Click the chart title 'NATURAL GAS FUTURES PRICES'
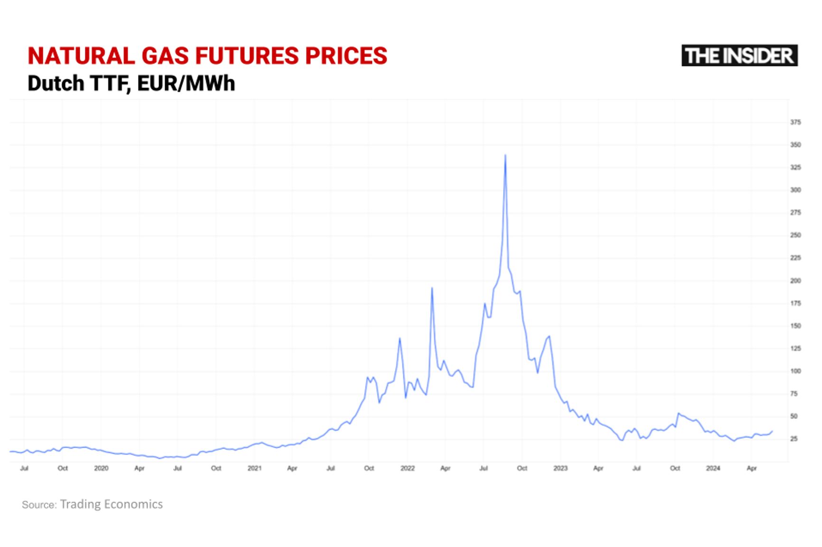click(207, 56)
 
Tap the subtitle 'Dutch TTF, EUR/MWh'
click(131, 84)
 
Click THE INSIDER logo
click(739, 56)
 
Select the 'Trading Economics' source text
click(111, 504)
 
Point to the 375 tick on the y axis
click(795, 123)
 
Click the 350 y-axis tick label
click(795, 145)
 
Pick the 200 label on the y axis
click(795, 281)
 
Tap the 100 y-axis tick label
click(795, 371)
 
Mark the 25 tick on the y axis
click(794, 439)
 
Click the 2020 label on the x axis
click(101, 468)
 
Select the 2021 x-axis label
click(254, 468)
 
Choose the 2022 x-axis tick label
click(407, 468)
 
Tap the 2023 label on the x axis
click(560, 468)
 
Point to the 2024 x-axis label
click(713, 468)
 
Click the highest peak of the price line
click(505, 155)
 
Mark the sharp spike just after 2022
click(432, 288)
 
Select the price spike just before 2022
click(400, 339)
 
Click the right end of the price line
click(772, 431)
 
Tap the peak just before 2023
click(549, 336)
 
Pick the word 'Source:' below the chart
click(39, 505)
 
